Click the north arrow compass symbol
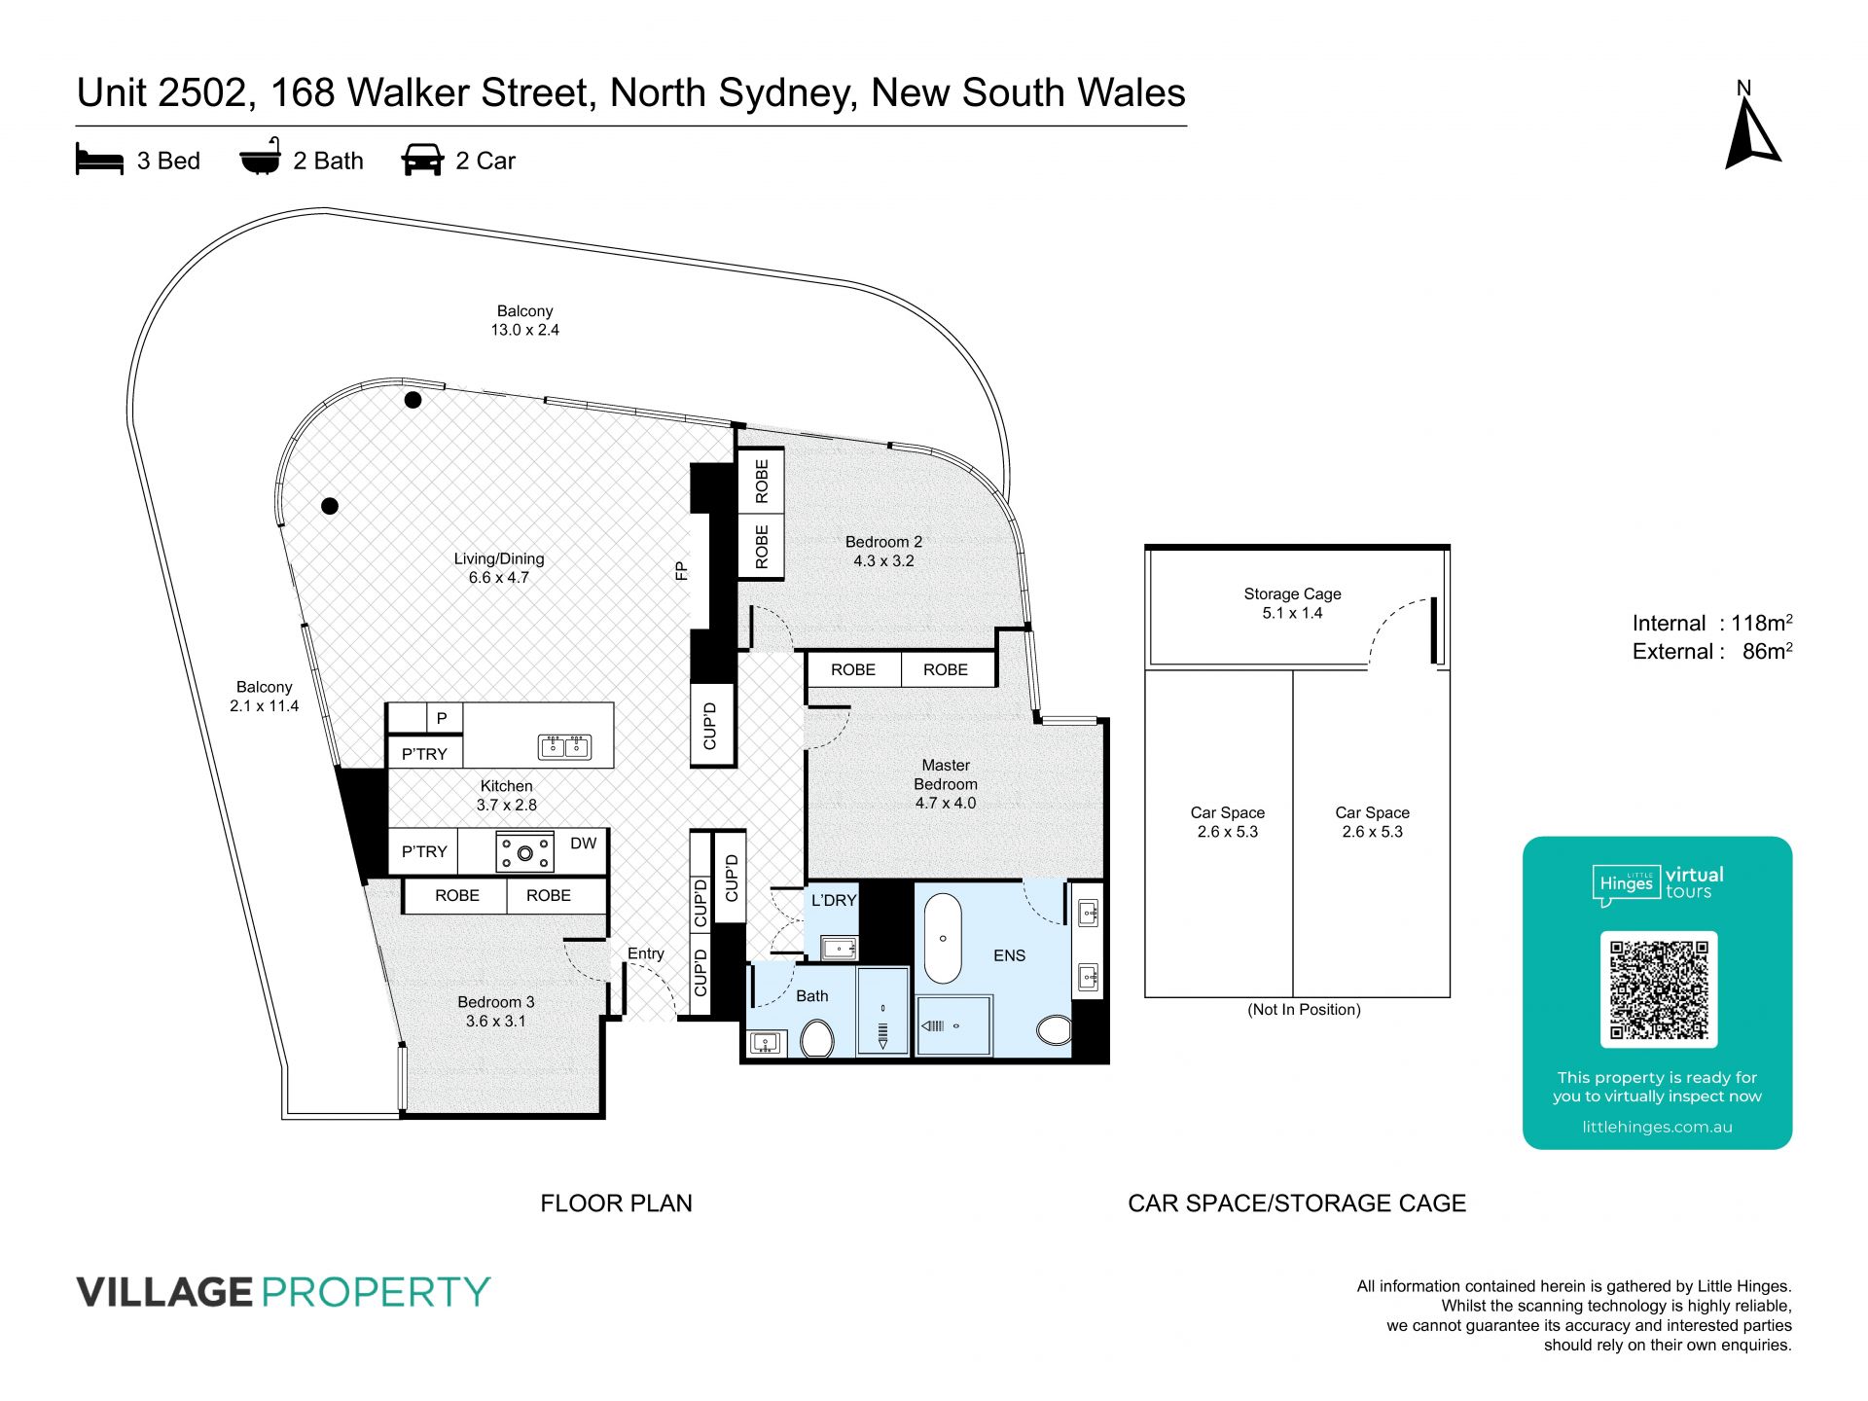point(1752,134)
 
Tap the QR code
point(1659,989)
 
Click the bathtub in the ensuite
point(942,938)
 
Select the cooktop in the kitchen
point(525,852)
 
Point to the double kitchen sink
point(565,746)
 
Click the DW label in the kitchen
point(584,844)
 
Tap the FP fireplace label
point(681,571)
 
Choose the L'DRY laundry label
point(834,901)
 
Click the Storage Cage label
point(1292,593)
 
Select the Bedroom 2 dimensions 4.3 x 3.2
point(883,560)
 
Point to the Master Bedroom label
point(946,774)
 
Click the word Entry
point(645,953)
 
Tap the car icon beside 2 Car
point(422,161)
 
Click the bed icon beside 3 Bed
point(99,161)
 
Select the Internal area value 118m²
point(1762,623)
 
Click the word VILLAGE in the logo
point(164,1292)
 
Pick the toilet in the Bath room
point(817,1038)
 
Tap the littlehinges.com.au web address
point(1657,1127)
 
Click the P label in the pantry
point(442,718)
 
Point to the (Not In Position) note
point(1304,1009)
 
